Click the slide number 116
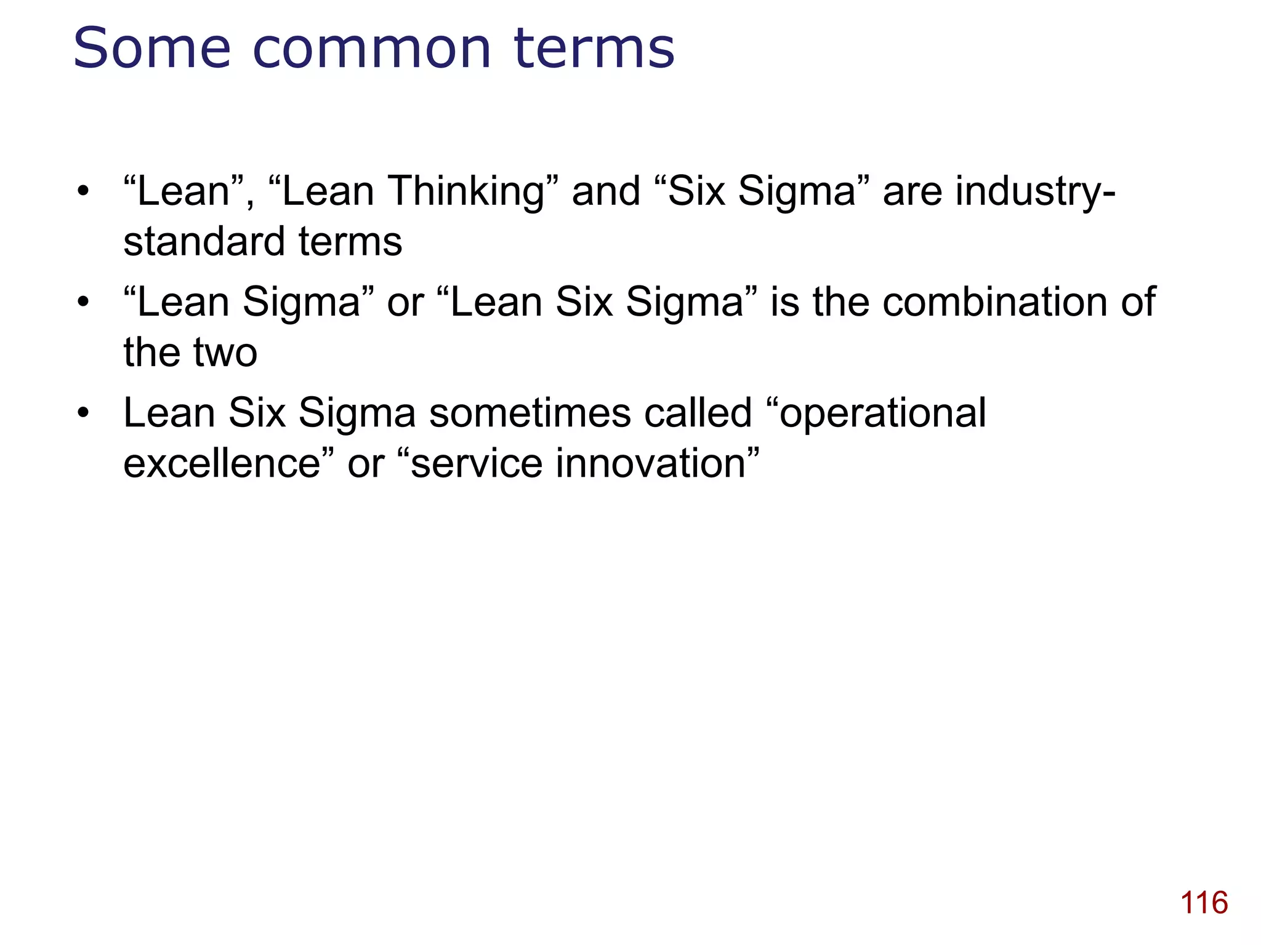(1204, 903)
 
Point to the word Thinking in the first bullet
(466, 191)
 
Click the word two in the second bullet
(225, 353)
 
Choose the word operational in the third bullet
(882, 414)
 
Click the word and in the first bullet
(606, 191)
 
